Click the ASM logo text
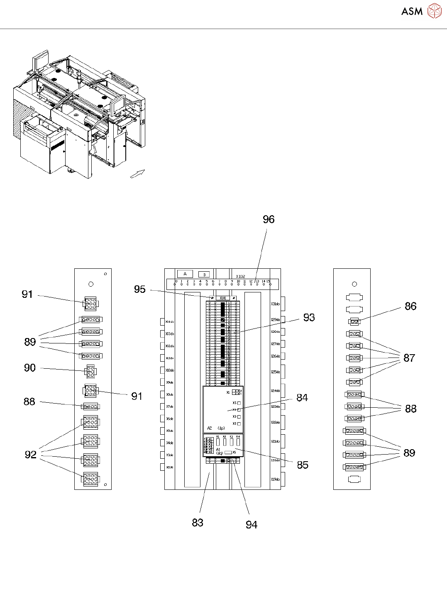tap(412, 11)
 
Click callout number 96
tap(269, 219)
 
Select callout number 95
tap(140, 289)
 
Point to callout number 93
tap(309, 317)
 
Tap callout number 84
tap(302, 398)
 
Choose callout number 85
tap(303, 465)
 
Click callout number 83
tap(198, 523)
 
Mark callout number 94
tap(252, 525)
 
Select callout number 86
tap(410, 306)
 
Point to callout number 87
tap(409, 358)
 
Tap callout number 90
tap(30, 368)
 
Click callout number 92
tap(31, 455)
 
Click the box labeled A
tap(185, 274)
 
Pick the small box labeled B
tap(204, 275)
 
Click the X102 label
tap(240, 276)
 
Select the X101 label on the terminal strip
tap(223, 298)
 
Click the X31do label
tap(275, 304)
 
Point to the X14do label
tap(169, 321)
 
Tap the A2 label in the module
tap(210, 428)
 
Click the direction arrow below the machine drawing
tap(137, 174)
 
